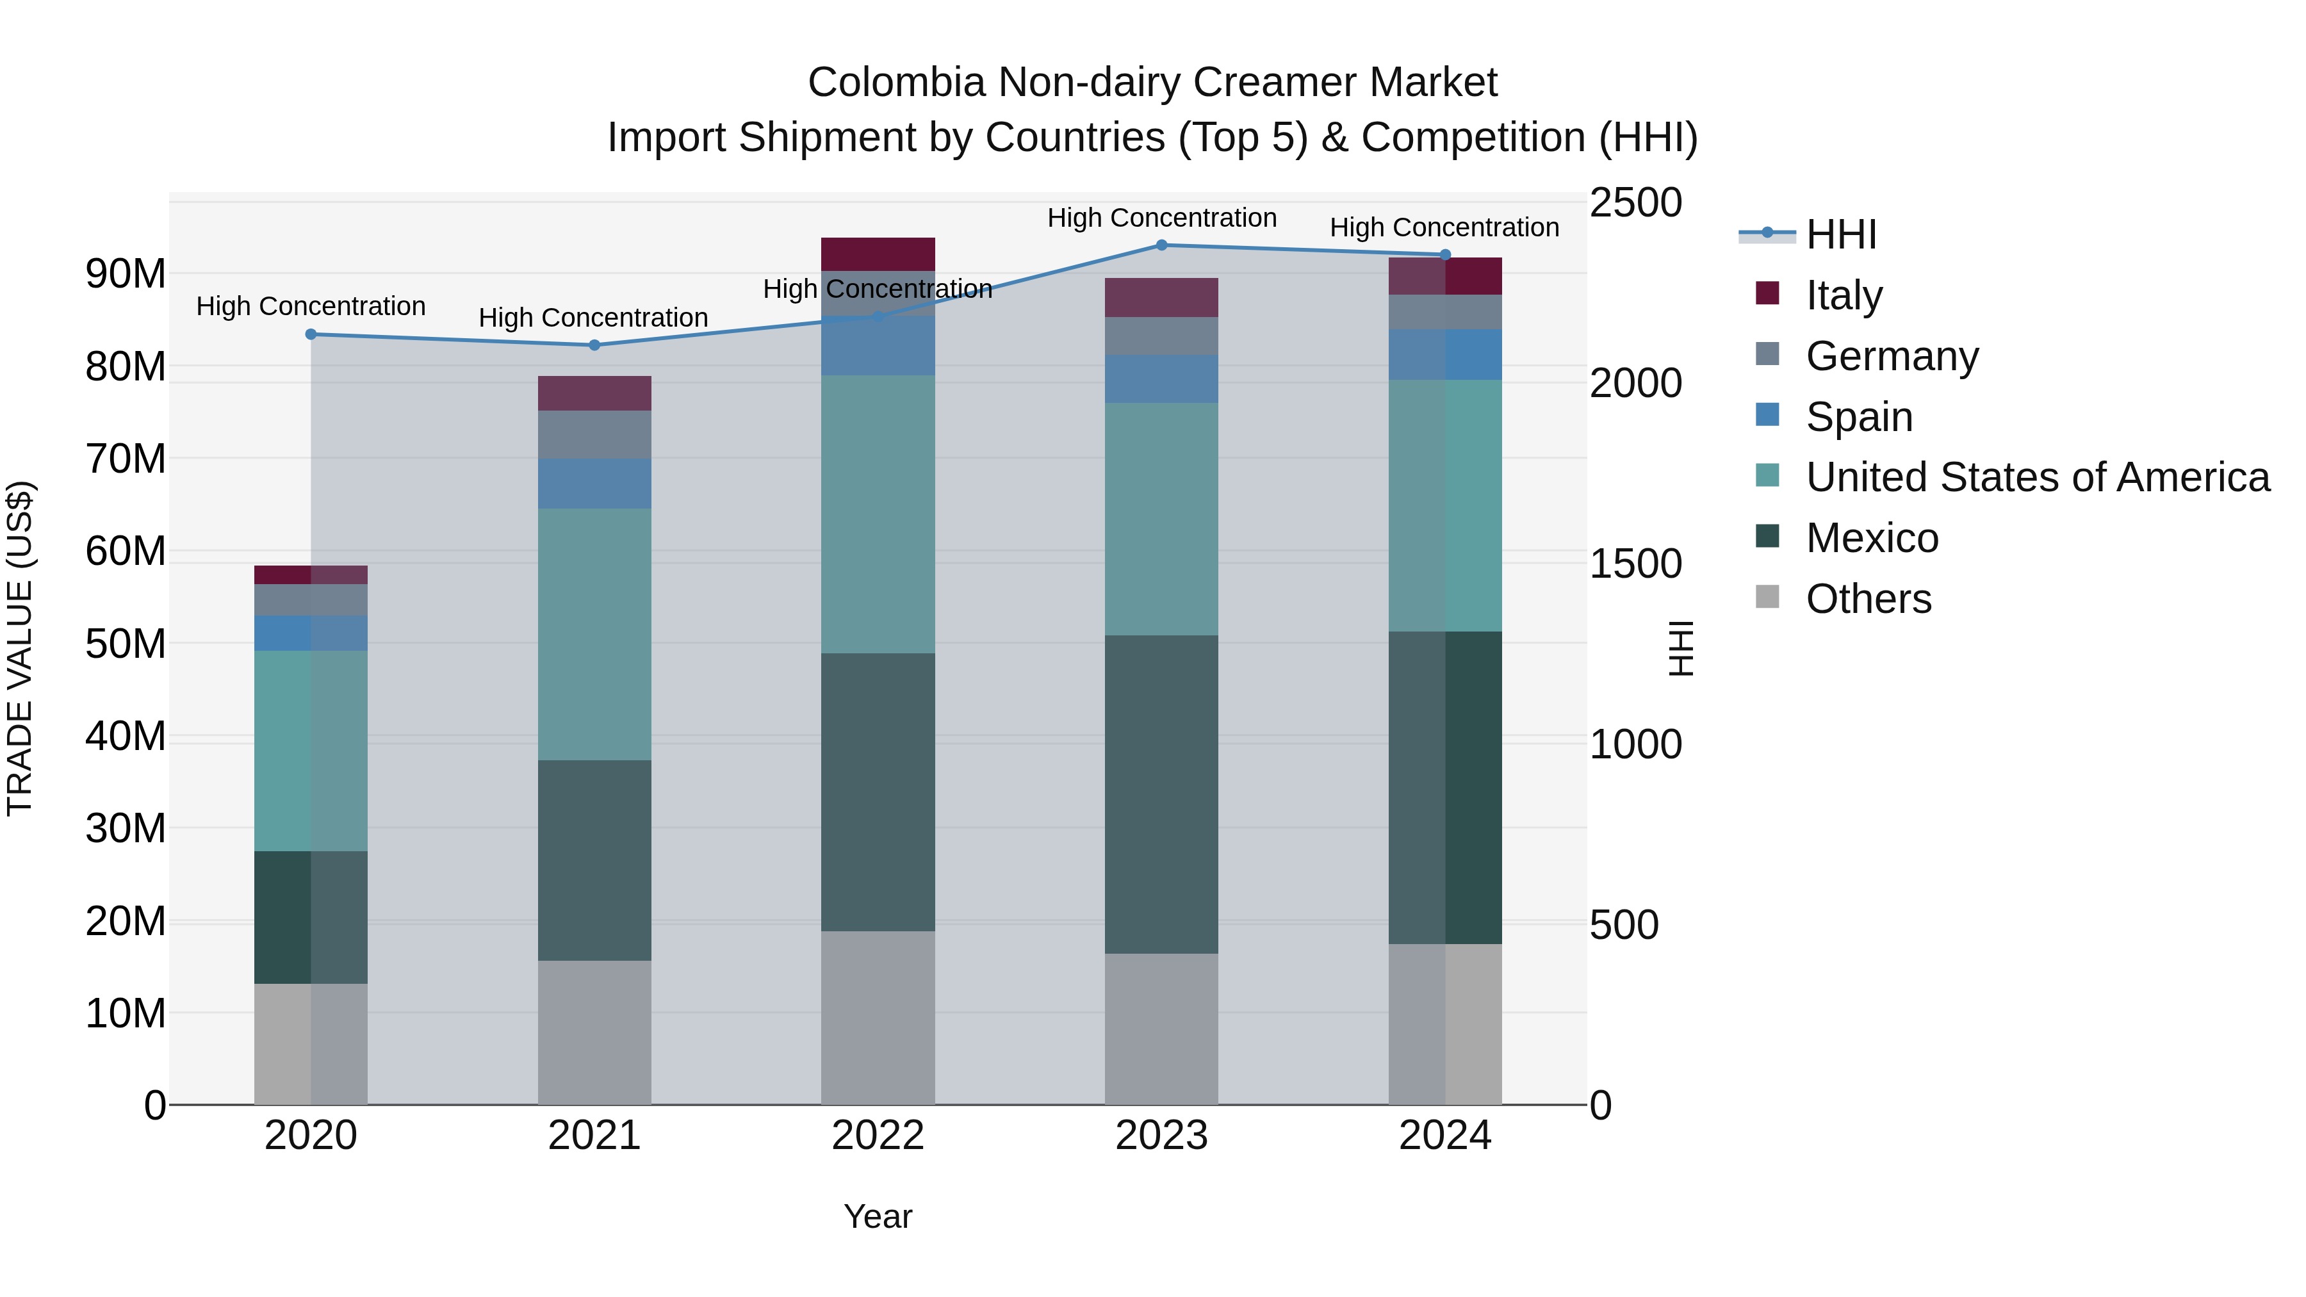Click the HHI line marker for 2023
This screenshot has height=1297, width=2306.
tap(1161, 245)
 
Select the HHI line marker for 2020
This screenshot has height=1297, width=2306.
tap(311, 335)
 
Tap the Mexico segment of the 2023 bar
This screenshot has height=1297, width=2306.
tap(1161, 794)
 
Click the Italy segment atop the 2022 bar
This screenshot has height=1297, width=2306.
tap(878, 254)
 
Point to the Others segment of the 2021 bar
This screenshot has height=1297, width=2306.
tap(594, 1032)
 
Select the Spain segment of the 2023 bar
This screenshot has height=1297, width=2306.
tap(1161, 379)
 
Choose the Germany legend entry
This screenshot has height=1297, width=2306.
tap(1891, 356)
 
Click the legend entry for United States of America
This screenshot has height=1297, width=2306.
tap(2036, 477)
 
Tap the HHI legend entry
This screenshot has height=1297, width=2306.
tap(1840, 234)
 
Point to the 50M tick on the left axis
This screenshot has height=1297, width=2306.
tap(126, 644)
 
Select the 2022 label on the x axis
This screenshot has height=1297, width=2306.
tap(878, 1136)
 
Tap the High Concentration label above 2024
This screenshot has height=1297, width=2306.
tap(1444, 227)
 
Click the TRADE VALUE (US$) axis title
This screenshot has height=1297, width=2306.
tap(20, 648)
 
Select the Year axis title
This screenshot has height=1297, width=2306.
tap(878, 1216)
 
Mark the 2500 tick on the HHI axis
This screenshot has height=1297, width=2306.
tap(1635, 203)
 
